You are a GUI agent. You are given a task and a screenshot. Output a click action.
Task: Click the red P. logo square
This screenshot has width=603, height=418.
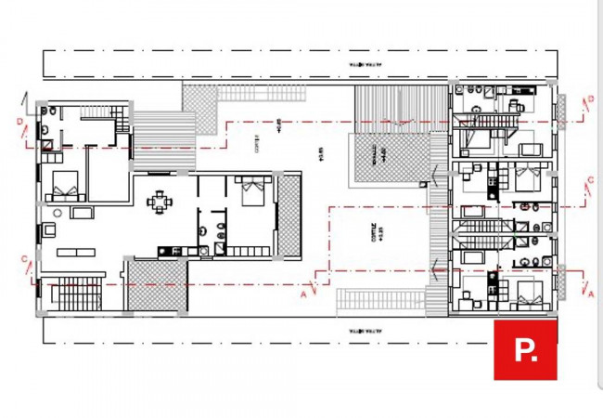(525, 349)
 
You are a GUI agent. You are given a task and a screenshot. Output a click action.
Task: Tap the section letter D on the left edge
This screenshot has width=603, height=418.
(19, 122)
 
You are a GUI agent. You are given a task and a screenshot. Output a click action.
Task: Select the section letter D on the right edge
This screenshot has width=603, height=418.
(590, 99)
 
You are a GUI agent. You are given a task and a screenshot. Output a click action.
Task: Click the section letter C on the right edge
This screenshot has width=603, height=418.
(590, 180)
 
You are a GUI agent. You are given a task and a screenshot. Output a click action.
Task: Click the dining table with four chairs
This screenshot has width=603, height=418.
(161, 201)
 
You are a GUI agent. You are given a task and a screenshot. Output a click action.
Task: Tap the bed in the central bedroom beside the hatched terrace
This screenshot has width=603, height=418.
(251, 192)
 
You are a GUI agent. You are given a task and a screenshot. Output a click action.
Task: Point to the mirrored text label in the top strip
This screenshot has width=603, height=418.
(365, 65)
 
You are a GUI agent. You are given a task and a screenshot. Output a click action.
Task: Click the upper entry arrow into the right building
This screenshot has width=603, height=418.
(436, 173)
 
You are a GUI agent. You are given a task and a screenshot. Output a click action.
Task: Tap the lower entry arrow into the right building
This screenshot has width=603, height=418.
(436, 270)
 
